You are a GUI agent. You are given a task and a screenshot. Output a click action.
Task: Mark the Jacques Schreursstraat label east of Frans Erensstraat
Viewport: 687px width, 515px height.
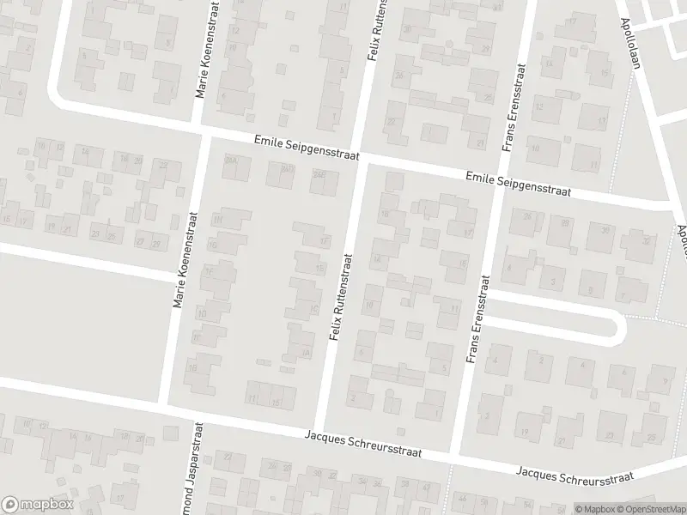(575, 473)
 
